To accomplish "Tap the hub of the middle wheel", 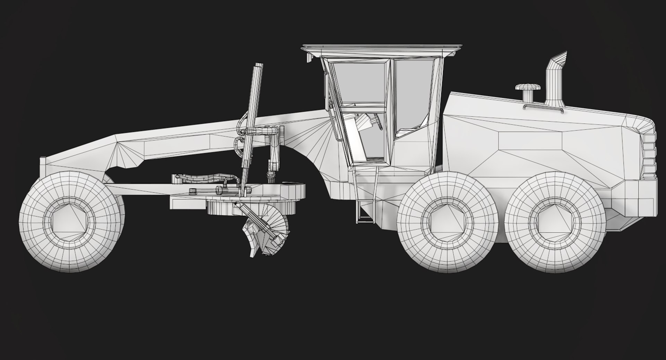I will pos(449,223).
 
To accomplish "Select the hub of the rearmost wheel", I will pos(556,223).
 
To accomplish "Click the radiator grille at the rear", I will pos(649,156).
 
